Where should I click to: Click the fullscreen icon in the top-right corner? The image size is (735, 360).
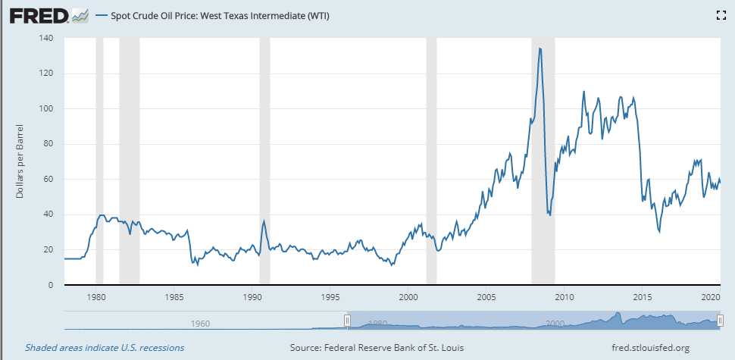721,15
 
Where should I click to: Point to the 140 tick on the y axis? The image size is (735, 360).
48,38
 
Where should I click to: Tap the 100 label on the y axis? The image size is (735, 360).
48,108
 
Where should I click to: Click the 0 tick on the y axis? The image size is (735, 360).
52,285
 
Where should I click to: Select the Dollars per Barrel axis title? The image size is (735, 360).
20,162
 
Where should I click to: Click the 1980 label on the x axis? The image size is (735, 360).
95,297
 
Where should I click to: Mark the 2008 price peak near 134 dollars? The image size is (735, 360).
540,49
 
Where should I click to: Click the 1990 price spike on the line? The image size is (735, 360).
264,221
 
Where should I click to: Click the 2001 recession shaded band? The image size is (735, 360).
431,152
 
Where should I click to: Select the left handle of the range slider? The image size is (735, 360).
347,321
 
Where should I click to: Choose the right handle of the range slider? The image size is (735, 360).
721,321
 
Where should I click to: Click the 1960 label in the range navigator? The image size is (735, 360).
200,323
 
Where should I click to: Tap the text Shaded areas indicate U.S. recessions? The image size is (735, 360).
105,348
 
